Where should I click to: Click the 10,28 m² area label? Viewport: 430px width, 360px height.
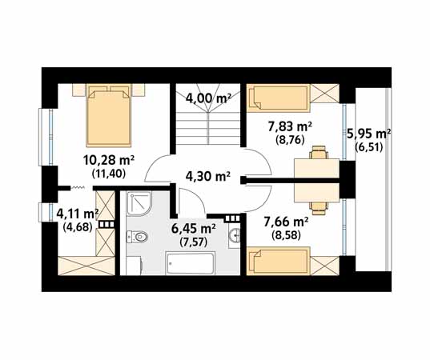[x=108, y=161]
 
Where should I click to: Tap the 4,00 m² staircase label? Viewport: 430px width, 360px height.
[x=208, y=98]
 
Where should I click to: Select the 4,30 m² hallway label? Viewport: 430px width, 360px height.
[x=208, y=177]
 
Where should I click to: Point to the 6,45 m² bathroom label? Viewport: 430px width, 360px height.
[x=193, y=229]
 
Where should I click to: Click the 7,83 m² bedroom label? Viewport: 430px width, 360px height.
[x=290, y=127]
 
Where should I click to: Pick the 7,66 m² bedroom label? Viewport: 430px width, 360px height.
[x=286, y=222]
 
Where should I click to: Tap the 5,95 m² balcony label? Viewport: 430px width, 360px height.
[x=369, y=134]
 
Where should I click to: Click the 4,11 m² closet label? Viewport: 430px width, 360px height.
[x=78, y=214]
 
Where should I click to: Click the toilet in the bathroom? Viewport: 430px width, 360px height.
[x=137, y=237]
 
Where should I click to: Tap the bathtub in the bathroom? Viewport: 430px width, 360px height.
[x=191, y=263]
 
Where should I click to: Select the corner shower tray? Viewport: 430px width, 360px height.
[x=139, y=203]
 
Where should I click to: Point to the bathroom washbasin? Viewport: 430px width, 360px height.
[x=235, y=234]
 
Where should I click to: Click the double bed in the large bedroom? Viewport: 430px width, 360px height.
[x=109, y=115]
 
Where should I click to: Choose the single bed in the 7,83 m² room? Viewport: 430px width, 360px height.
[x=278, y=98]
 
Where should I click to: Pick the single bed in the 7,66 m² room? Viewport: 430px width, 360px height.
[x=278, y=261]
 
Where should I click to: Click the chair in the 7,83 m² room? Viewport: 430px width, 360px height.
[x=319, y=152]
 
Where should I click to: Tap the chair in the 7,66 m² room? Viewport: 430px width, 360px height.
[x=319, y=208]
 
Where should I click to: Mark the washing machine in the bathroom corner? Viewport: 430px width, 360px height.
[x=134, y=266]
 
